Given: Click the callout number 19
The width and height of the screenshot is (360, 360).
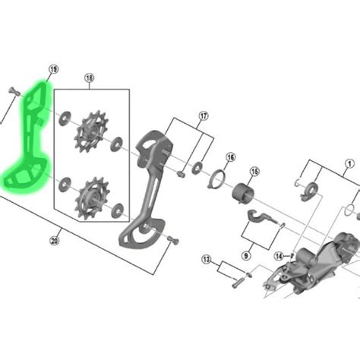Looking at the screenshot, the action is pos(53,69).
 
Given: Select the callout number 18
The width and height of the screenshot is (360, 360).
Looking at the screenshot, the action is pos(89,78).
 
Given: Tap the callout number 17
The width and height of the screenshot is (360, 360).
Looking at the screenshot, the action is pos(204,116).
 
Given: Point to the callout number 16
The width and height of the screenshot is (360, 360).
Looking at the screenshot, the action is pos(230,157).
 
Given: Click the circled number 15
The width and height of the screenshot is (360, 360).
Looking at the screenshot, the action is pos(254,172).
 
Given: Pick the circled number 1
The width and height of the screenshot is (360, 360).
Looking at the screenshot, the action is pos(350,164).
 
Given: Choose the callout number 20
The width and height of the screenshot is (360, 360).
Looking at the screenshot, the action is pos(55,241).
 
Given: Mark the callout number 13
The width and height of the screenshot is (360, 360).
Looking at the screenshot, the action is pos(207,259).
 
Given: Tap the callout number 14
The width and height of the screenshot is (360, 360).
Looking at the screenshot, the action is pos(279,256).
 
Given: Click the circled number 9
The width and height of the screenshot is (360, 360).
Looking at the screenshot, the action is pos(246,256).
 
